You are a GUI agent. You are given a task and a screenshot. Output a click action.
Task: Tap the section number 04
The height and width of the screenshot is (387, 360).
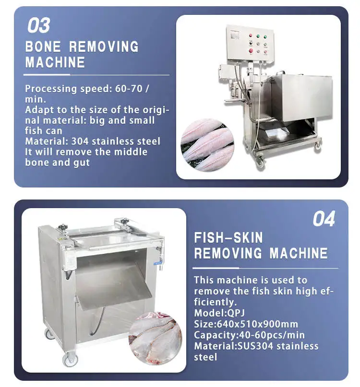[324, 219]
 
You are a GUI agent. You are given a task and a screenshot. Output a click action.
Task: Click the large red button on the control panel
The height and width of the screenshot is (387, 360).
[251, 50]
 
